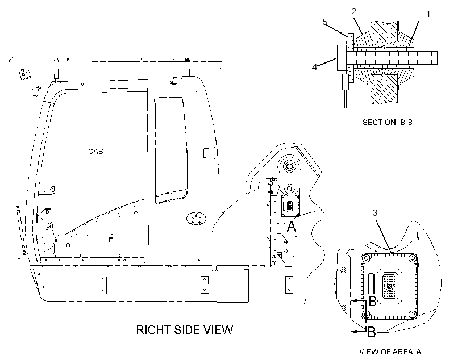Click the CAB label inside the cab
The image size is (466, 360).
pyautogui.click(x=95, y=152)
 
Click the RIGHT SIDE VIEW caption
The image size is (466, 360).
pyautogui.click(x=185, y=330)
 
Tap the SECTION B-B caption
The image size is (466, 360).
pyautogui.click(x=388, y=122)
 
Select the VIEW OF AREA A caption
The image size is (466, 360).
pyautogui.click(x=390, y=351)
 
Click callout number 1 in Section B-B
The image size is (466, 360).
pyautogui.click(x=428, y=14)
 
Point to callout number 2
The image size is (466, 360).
pyautogui.click(x=353, y=11)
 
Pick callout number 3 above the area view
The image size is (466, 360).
pyautogui.click(x=375, y=213)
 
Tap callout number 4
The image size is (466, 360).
pyautogui.click(x=314, y=68)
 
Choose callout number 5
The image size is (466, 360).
pyautogui.click(x=325, y=22)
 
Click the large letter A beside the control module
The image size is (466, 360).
pyautogui.click(x=292, y=227)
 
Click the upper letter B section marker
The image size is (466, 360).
pyautogui.click(x=372, y=301)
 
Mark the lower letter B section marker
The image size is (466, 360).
pyautogui.click(x=372, y=332)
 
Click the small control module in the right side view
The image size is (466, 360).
pyautogui.click(x=290, y=206)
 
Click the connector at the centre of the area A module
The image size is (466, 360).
pyautogui.click(x=389, y=286)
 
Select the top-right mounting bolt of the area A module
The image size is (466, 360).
pyautogui.click(x=413, y=258)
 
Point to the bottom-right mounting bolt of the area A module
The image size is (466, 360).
pyautogui.click(x=413, y=314)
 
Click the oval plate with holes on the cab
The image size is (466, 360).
pyautogui.click(x=196, y=218)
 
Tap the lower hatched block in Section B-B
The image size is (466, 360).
pyautogui.click(x=384, y=89)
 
